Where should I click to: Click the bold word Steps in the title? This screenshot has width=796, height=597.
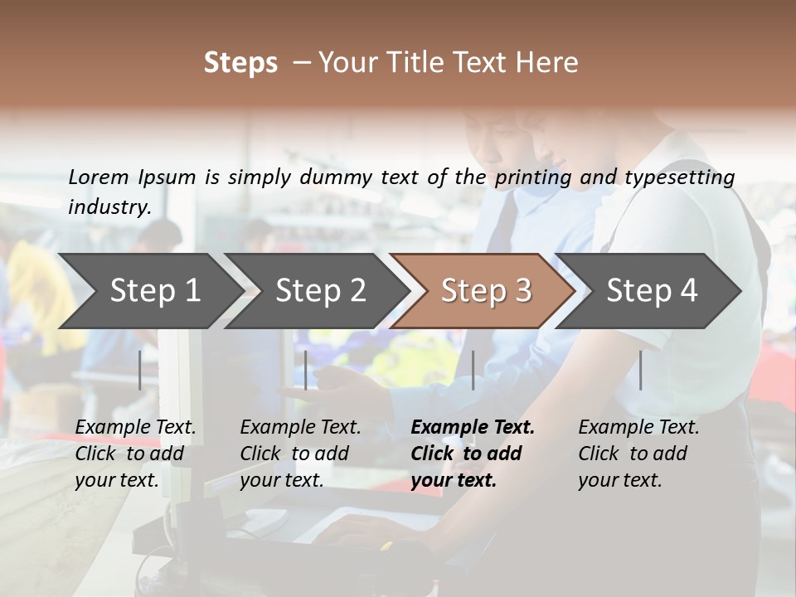tap(240, 63)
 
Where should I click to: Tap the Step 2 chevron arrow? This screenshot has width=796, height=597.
tap(319, 291)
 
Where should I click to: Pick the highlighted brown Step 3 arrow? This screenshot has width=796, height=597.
tap(485, 291)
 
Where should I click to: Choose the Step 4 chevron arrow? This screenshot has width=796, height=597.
tap(651, 291)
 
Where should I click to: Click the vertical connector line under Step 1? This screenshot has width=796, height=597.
tap(140, 370)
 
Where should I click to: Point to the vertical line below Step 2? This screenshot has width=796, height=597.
tap(306, 370)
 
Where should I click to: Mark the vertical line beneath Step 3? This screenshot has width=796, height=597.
tap(473, 370)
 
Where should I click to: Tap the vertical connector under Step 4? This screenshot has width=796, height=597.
tap(640, 370)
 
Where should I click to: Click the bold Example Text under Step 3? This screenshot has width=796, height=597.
tap(473, 428)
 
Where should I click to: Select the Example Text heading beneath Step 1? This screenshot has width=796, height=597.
tap(135, 428)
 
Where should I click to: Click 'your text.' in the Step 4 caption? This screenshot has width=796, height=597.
tap(619, 481)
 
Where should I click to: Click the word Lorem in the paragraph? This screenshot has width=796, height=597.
tap(98, 177)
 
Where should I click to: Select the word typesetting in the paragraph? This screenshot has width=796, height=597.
tap(679, 177)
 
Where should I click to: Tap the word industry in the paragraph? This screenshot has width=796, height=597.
tap(109, 206)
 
